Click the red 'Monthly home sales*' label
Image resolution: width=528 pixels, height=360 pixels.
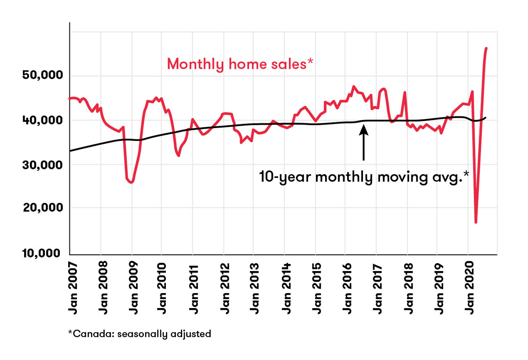[240, 64]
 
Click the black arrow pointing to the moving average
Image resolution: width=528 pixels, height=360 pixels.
[363, 143]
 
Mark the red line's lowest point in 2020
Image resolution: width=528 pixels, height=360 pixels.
[476, 222]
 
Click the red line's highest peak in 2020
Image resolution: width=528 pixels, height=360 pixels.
[486, 48]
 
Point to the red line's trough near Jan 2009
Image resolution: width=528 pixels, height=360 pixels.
[131, 182]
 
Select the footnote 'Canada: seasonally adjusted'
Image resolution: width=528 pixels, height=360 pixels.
[139, 334]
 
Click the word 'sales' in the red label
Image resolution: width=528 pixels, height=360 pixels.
[290, 64]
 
